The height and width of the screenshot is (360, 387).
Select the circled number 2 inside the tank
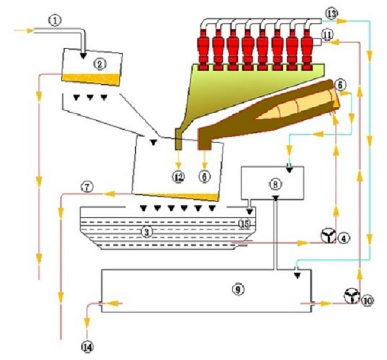click(100, 64)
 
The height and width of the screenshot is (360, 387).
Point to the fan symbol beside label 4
click(328, 238)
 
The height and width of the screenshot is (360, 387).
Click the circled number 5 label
click(341, 85)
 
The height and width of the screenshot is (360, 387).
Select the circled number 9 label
click(237, 289)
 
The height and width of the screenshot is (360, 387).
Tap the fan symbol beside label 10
click(351, 297)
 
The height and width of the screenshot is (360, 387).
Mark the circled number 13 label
click(331, 13)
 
